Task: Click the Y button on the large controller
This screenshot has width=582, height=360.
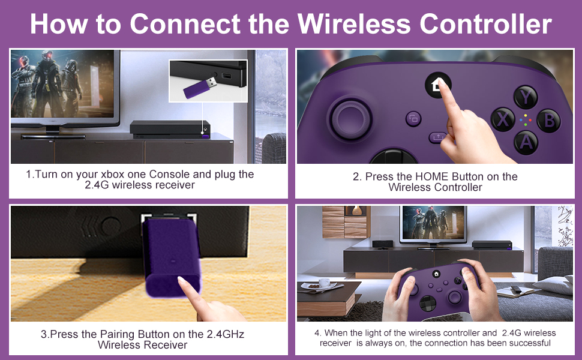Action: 526,97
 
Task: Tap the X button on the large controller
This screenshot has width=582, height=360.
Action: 503,119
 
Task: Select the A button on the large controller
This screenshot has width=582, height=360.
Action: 526,142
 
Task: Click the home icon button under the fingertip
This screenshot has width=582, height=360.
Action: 437,85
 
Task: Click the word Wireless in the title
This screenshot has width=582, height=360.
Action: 354,24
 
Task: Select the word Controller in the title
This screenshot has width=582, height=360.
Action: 485,24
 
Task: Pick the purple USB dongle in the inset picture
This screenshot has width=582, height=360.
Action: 200,88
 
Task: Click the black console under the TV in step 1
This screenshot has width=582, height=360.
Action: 170,130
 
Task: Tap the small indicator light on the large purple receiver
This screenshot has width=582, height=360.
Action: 172,261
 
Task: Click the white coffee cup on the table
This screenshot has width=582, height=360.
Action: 324,283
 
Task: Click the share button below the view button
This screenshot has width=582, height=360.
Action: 438,137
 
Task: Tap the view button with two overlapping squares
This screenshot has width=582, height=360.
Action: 413,119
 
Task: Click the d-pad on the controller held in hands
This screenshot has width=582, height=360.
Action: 428,303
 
